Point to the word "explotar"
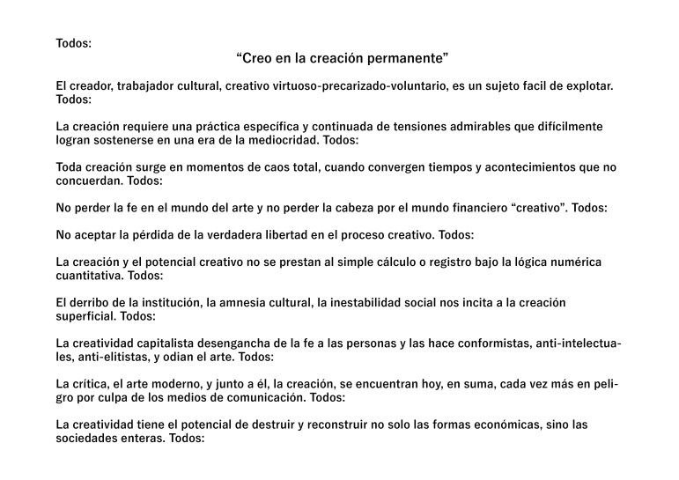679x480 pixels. [587, 86]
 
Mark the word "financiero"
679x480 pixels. [476, 208]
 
